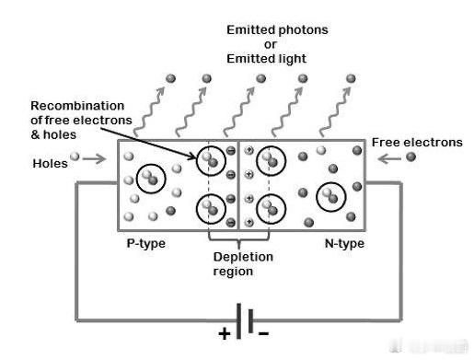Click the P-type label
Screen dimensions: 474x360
(146, 243)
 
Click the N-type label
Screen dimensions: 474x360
(344, 243)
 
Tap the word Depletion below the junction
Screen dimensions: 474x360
(243, 257)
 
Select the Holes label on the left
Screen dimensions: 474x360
(50, 164)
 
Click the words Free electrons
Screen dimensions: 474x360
(417, 143)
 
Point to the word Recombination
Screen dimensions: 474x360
(77, 106)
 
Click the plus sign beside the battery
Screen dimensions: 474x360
(225, 333)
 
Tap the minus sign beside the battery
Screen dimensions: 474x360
(263, 333)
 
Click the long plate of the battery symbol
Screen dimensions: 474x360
(238, 321)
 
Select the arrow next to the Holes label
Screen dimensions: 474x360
(94, 158)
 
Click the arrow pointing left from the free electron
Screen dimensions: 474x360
(389, 158)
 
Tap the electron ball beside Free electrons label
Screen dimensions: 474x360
(410, 157)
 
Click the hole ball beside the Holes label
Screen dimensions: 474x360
(75, 157)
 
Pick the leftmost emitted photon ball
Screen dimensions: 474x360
(170, 78)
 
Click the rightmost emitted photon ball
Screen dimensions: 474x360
(351, 78)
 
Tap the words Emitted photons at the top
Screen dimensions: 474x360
(277, 30)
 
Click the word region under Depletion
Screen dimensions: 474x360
(233, 272)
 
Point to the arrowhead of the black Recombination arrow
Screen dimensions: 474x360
(194, 157)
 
